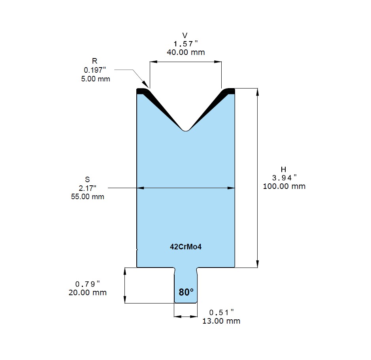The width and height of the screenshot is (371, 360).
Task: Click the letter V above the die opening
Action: point(185,36)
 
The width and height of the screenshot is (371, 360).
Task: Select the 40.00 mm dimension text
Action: point(186,52)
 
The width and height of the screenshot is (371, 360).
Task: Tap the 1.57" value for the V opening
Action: point(186,44)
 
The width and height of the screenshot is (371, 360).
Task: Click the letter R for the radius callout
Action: point(95,61)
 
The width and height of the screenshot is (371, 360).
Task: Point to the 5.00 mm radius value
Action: point(96,79)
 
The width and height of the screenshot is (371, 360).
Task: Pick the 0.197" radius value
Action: point(95,70)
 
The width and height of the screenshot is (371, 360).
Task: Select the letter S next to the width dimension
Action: point(87,179)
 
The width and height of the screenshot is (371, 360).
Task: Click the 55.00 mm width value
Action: point(88,196)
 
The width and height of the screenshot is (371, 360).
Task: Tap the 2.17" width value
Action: point(88,188)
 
